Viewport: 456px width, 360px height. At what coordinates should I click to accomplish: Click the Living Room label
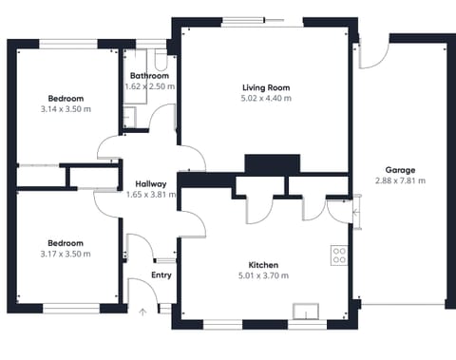tap(265, 87)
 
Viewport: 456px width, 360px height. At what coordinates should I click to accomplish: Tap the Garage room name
tap(399, 170)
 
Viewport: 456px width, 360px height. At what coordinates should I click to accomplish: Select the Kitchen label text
tap(263, 265)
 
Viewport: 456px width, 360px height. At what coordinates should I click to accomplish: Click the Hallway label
tap(151, 184)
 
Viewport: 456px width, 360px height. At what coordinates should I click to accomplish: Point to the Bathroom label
tap(149, 76)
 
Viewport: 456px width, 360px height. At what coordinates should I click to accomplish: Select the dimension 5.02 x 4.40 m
tap(266, 98)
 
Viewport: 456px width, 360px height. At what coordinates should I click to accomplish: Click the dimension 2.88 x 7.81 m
tap(399, 180)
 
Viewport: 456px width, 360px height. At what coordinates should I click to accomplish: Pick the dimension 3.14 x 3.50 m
tap(66, 109)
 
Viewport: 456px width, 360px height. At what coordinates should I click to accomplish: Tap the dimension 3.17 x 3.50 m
tap(66, 254)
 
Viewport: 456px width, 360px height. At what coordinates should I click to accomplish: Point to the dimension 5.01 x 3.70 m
tap(263, 275)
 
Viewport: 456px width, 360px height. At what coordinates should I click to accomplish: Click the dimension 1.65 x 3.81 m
tap(151, 195)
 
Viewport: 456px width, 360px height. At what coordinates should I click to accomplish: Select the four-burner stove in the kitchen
tap(338, 256)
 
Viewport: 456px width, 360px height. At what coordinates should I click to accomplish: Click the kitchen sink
tap(306, 311)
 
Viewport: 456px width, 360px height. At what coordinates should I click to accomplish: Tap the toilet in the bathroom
tap(160, 59)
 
